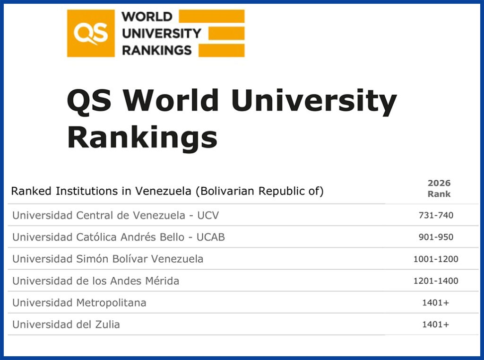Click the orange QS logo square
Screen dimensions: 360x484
pyautogui.click(x=91, y=34)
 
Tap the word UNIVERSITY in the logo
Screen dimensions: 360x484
pyautogui.click(x=161, y=33)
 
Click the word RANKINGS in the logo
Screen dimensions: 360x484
pyautogui.click(x=156, y=50)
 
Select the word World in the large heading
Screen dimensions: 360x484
pyautogui.click(x=172, y=100)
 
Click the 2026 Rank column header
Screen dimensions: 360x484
pyautogui.click(x=439, y=188)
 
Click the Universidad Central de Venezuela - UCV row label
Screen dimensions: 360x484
pyautogui.click(x=116, y=215)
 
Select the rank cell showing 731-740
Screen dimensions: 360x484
pyautogui.click(x=436, y=216)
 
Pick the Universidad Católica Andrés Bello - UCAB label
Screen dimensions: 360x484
pyautogui.click(x=119, y=237)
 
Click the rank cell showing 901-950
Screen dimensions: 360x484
pyautogui.click(x=436, y=237)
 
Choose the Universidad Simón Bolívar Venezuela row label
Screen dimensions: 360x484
pyautogui.click(x=108, y=259)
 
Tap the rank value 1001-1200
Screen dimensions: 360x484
pyautogui.click(x=436, y=259)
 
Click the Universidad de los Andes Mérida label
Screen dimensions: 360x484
pyautogui.click(x=95, y=281)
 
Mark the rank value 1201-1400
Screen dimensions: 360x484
pyautogui.click(x=436, y=281)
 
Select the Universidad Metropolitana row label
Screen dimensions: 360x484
pyautogui.click(x=79, y=302)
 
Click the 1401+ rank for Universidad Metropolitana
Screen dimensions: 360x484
pyautogui.click(x=436, y=303)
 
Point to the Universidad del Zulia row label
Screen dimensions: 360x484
pyautogui.click(x=66, y=324)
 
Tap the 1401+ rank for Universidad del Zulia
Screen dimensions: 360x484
pyautogui.click(x=436, y=325)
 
